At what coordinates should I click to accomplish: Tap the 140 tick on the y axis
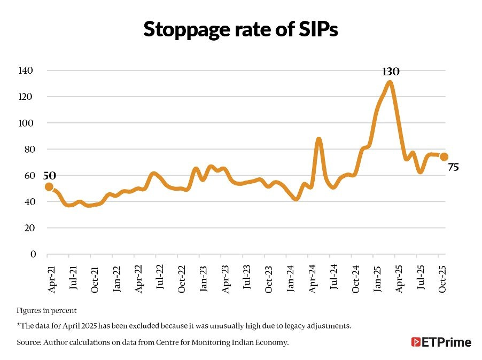pyautogui.click(x=26, y=71)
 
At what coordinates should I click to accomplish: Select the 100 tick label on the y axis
pyautogui.click(x=26, y=123)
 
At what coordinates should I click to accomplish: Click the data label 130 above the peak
pyautogui.click(x=391, y=72)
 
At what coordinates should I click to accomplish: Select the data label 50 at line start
pyautogui.click(x=49, y=175)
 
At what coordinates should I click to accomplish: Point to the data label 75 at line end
pyautogui.click(x=453, y=168)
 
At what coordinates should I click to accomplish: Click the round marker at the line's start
pyautogui.click(x=49, y=186)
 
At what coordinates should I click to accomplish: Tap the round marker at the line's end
pyautogui.click(x=444, y=156)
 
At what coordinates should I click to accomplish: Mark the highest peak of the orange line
pyautogui.click(x=390, y=82)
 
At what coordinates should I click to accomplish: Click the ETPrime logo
pyautogui.click(x=441, y=342)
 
